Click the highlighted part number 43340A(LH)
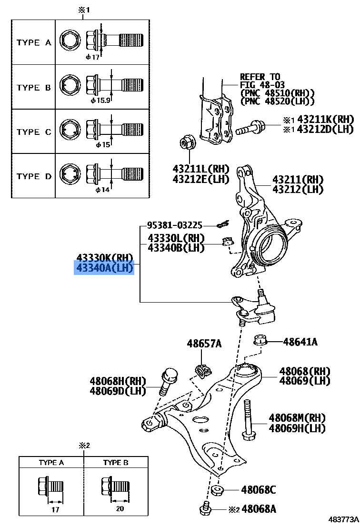tap(104, 268)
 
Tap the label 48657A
tap(204, 343)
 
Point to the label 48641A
tap(300, 342)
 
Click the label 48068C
tap(258, 489)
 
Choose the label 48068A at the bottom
tap(259, 509)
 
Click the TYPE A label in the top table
tap(33, 42)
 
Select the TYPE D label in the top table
tap(33, 176)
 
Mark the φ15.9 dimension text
tap(100, 101)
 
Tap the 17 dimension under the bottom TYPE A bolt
tap(55, 509)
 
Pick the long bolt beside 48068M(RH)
tap(247, 419)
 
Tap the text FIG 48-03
tap(262, 84)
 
